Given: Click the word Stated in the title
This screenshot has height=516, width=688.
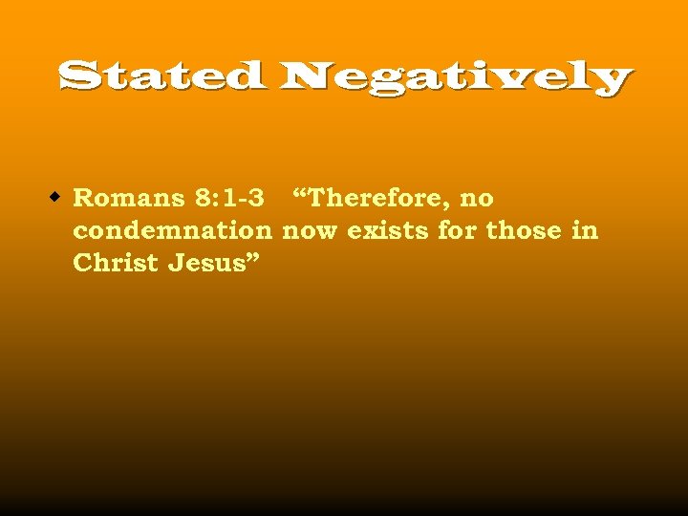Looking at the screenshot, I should [161, 75].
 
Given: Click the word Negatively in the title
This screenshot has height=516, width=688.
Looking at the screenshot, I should [456, 78].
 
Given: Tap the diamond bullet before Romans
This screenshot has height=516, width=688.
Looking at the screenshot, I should [56, 198].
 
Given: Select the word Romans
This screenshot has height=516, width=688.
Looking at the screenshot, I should [129, 199].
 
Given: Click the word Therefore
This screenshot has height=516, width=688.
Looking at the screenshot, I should [376, 199].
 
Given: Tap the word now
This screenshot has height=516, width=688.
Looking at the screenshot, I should [311, 231].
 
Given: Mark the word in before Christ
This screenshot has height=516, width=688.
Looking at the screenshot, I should [587, 231].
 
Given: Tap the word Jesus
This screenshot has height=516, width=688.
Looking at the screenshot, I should [207, 264].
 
